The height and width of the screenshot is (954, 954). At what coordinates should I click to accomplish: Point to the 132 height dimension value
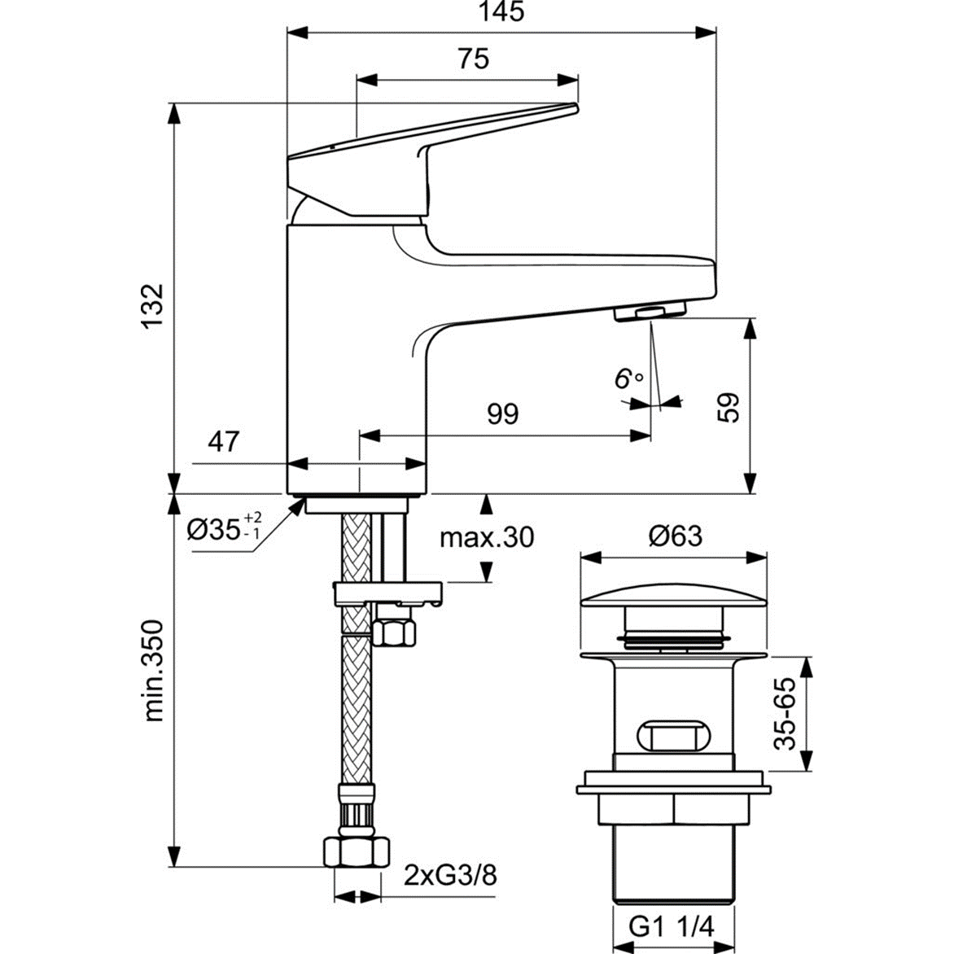click(152, 307)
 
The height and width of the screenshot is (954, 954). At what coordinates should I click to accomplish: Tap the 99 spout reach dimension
click(502, 414)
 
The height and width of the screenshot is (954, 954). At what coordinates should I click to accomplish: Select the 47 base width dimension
click(224, 442)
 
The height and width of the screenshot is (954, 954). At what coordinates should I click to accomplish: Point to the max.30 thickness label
click(487, 537)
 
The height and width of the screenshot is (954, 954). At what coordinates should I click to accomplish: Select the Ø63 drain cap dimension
click(675, 536)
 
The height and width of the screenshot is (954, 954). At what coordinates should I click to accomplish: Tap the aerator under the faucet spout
click(650, 311)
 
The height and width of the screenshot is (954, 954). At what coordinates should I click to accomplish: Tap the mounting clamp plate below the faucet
click(387, 592)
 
